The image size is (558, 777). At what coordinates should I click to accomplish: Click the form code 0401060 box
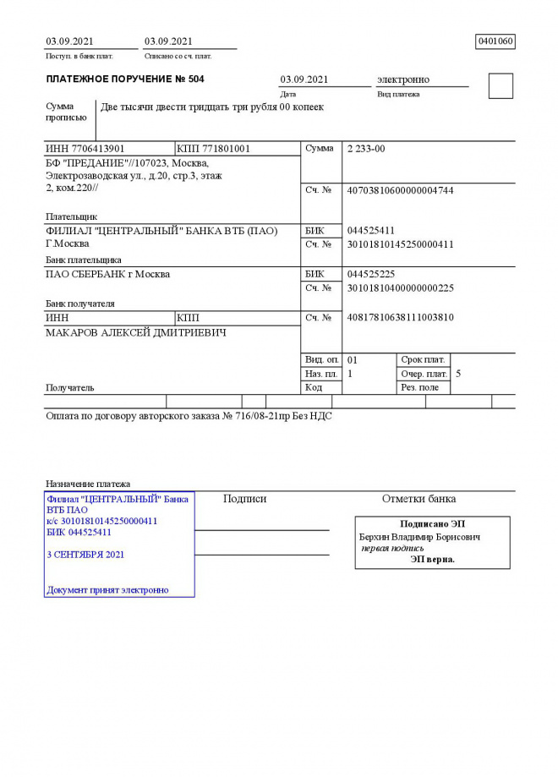[495, 41]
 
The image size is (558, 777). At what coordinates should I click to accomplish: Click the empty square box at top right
[501, 86]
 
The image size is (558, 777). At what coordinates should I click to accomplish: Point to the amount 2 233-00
[366, 149]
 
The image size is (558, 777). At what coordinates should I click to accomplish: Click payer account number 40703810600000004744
[400, 190]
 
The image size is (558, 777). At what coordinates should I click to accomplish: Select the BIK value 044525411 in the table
[371, 231]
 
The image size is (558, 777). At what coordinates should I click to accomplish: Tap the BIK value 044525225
[371, 274]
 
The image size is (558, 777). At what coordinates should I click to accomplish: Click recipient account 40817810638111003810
[400, 318]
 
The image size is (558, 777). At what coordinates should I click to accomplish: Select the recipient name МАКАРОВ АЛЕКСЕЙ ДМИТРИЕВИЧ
[135, 332]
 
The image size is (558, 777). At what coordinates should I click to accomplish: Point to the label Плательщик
[71, 216]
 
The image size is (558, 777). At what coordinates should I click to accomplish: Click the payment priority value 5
[458, 373]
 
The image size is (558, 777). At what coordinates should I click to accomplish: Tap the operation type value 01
[353, 359]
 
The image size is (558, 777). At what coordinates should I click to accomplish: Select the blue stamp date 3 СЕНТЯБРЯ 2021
[85, 555]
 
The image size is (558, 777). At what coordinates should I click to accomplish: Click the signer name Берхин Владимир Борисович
[419, 537]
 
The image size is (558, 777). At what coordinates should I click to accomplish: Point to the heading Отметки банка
[418, 499]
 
